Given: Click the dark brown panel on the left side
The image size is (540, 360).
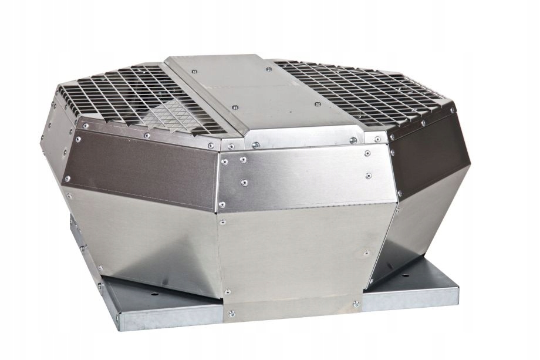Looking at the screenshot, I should point(147,164).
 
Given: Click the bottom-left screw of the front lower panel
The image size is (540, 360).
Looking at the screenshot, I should point(231,312).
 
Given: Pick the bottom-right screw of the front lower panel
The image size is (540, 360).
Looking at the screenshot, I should point(356,304).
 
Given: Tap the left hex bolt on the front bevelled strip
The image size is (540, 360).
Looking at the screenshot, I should point(256,144).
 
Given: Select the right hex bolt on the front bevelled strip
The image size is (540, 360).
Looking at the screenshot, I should point(353,140).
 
